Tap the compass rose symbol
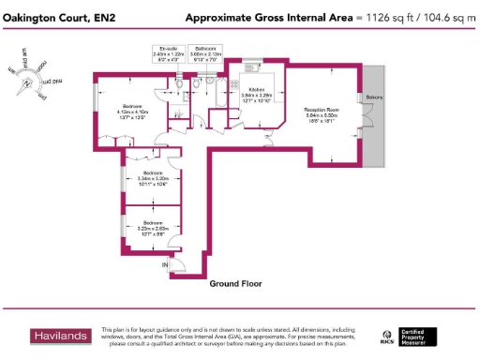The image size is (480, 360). click(27, 80)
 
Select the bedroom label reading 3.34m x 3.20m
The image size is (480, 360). click(153, 180)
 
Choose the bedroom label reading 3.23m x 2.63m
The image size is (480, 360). click(153, 225)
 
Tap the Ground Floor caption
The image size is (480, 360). click(235, 283)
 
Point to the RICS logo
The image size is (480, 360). click(386, 337)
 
